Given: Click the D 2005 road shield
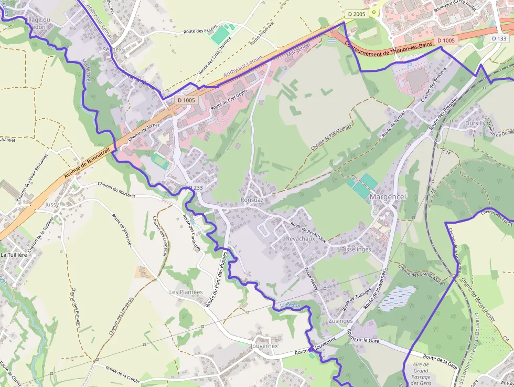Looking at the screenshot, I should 356,14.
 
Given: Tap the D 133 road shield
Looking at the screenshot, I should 500,38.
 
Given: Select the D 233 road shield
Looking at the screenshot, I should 195,187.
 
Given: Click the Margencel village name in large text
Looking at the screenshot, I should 388,196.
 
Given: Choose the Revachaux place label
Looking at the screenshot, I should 299,238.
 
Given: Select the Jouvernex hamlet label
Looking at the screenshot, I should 264,346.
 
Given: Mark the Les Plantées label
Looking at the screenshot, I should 186,292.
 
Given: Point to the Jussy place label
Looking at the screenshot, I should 52,205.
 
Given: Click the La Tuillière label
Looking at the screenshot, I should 14,255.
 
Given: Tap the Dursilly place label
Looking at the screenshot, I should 475,123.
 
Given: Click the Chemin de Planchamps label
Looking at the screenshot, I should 331,134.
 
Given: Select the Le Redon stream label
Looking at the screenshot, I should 290,305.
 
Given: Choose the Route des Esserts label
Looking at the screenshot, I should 200,32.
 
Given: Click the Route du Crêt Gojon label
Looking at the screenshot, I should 229,99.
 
